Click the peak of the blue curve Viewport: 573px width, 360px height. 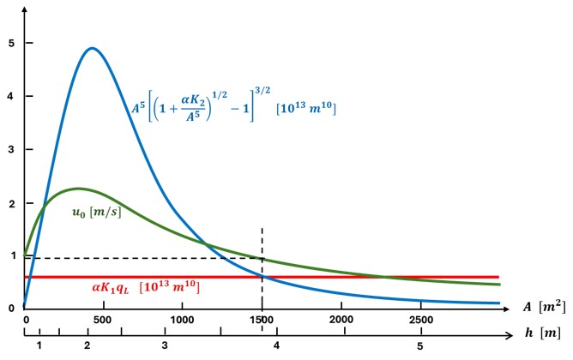tap(92, 48)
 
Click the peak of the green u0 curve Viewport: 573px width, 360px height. tap(77, 188)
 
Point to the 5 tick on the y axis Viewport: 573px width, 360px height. tap(10, 43)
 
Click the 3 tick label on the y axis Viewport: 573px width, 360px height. tap(10, 149)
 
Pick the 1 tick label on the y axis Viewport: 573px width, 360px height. tap(10, 255)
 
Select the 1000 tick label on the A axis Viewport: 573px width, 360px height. tap(183, 319)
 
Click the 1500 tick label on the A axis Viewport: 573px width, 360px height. tap(262, 319)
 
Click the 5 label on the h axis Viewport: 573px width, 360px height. tap(419, 346)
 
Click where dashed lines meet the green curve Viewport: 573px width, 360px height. tap(262, 258)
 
